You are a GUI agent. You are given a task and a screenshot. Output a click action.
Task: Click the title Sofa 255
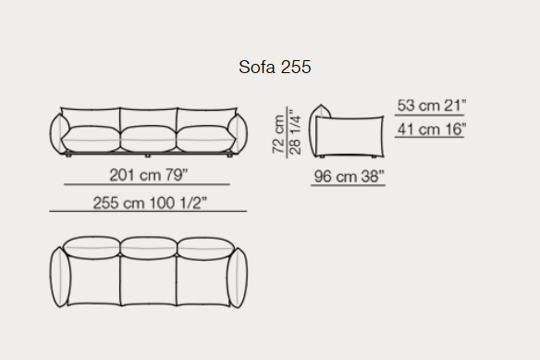click(275, 67)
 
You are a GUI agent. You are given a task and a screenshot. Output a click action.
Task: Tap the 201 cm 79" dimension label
click(149, 175)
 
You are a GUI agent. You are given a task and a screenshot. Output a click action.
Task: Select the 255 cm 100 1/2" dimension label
click(150, 203)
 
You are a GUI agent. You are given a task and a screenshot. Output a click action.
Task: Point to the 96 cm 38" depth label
click(349, 177)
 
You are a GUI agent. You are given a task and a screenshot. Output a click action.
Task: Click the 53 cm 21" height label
click(432, 106)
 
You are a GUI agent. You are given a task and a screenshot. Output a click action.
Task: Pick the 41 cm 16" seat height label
click(432, 130)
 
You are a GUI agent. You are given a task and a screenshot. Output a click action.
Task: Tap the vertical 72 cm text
click(278, 134)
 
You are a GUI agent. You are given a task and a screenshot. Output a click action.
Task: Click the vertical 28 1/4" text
click(295, 132)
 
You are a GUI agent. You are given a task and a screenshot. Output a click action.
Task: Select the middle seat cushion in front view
click(149, 139)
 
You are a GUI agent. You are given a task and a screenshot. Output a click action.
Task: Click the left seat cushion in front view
click(91, 139)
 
